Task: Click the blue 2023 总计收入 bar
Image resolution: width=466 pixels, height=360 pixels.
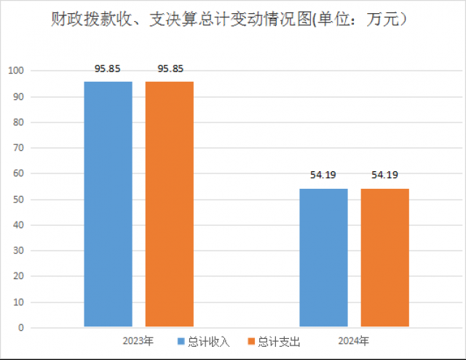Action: point(108,204)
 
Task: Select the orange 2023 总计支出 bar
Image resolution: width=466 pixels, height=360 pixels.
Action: point(169,204)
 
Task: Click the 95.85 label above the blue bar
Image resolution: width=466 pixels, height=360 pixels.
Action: point(108,69)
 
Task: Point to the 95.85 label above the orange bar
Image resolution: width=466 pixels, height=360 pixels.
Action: point(170,69)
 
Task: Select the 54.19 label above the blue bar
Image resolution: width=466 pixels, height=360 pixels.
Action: point(324,175)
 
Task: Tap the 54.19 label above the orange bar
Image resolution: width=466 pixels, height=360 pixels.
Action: point(385,175)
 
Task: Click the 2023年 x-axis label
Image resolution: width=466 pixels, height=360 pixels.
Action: point(138,341)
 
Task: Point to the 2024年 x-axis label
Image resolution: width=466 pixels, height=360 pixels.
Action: point(353,341)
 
